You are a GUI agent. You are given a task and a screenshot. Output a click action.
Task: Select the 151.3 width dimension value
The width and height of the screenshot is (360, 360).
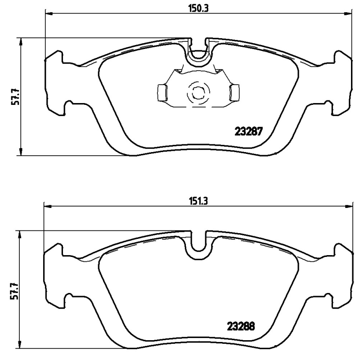(x=197, y=201)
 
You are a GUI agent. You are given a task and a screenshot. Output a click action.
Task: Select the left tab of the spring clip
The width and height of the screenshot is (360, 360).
(x=162, y=93)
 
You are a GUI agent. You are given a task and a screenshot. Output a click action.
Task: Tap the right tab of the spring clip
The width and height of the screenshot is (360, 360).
(x=234, y=93)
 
